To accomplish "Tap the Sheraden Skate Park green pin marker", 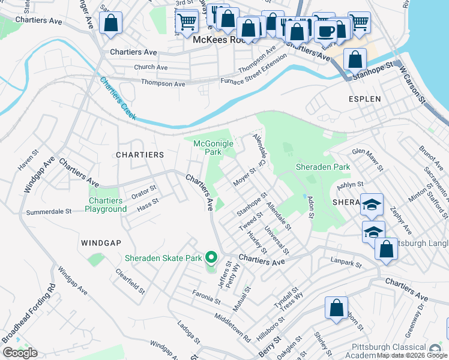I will click(211, 258).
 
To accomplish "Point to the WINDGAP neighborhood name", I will click(101, 242).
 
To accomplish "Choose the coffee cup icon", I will click(326, 31).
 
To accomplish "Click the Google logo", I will click(20, 353).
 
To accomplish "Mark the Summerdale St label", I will click(49, 212).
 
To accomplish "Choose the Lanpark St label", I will click(346, 262).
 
